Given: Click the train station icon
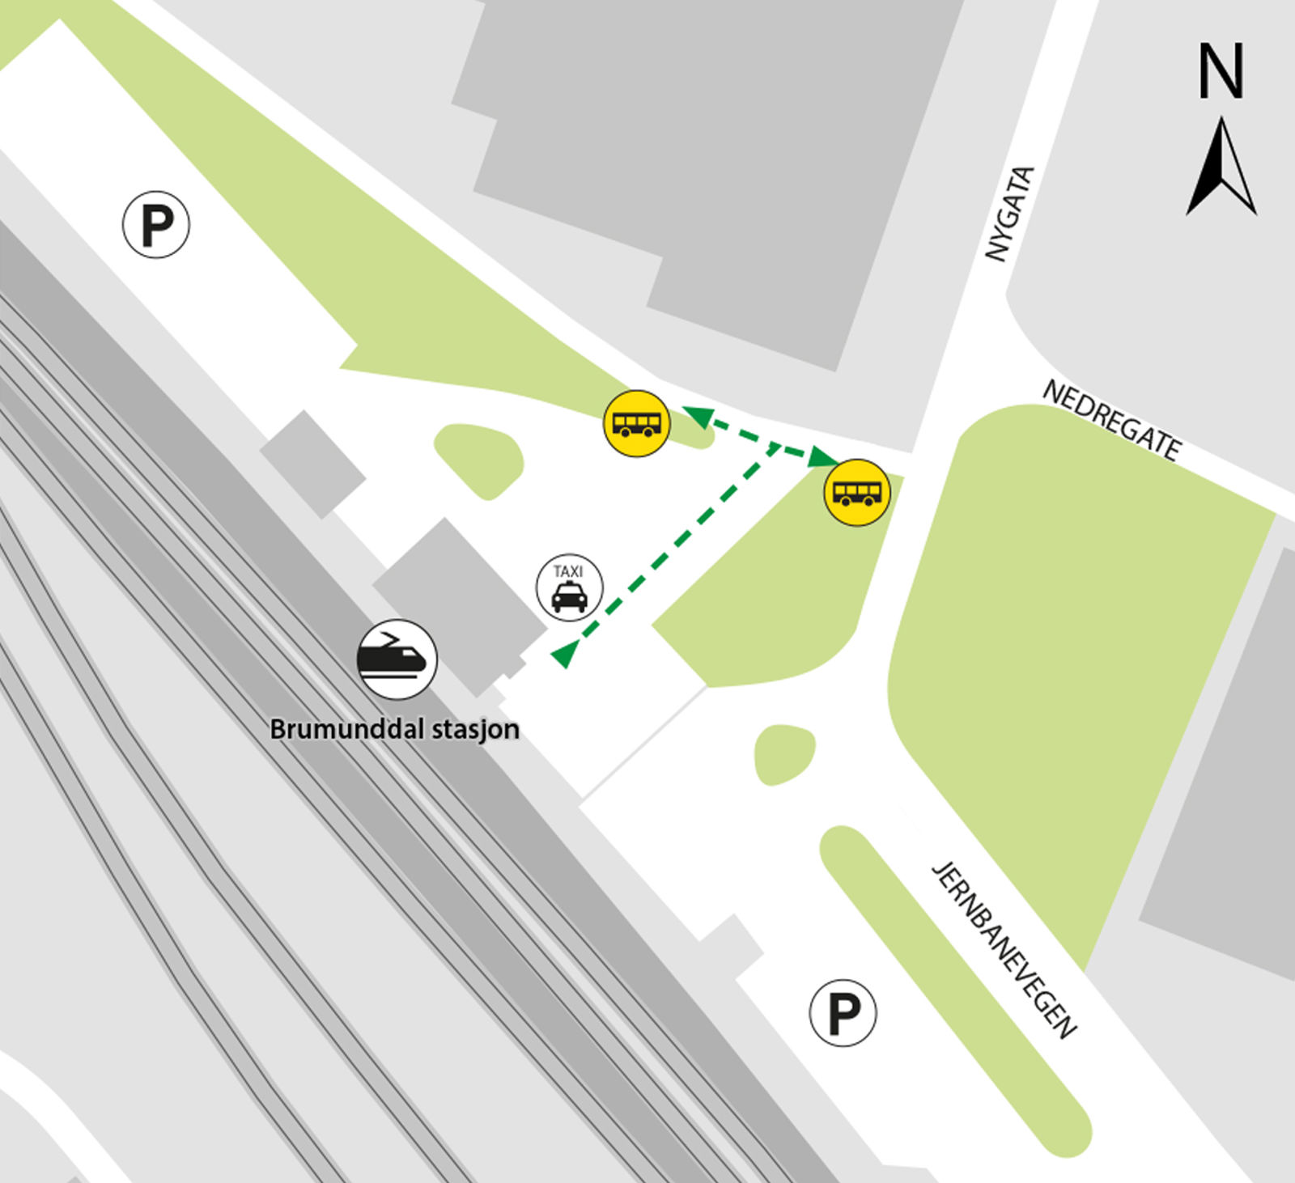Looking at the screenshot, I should tap(397, 659).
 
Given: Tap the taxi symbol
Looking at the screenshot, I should tap(570, 588).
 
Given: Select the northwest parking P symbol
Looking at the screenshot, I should tap(156, 225).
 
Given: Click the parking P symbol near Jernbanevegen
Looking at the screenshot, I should tap(843, 1013).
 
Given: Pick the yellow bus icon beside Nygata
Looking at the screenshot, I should tap(857, 493).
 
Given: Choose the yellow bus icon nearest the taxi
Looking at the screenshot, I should tap(637, 423).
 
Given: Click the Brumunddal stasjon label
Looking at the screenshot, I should tap(394, 729).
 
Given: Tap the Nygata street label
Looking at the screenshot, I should tap(1010, 214).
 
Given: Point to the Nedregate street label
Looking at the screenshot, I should tap(1111, 420).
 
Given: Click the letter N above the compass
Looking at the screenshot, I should tap(1221, 71).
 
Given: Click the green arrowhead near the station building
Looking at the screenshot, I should tap(564, 653).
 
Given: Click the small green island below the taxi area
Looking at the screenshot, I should tap(783, 754).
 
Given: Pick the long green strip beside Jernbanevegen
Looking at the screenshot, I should tap(955, 991).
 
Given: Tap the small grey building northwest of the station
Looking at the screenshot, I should tap(312, 464).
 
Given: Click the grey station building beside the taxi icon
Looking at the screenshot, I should tap(457, 603).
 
